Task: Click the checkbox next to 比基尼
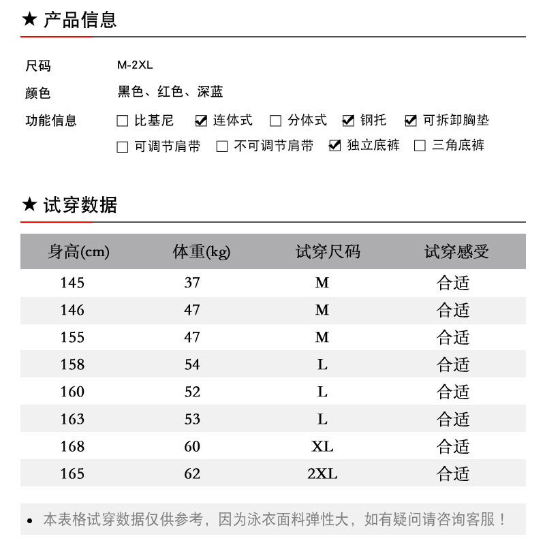(x=123, y=121)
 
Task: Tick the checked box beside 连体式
(x=201, y=121)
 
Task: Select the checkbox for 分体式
(x=276, y=121)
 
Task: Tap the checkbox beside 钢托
(x=348, y=121)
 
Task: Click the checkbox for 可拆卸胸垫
(x=411, y=121)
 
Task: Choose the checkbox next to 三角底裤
(x=420, y=146)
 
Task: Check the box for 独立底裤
(x=334, y=146)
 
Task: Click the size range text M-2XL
(x=135, y=65)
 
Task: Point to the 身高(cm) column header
(x=78, y=252)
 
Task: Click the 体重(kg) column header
(x=202, y=252)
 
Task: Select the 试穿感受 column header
(x=456, y=252)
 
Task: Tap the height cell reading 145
(x=72, y=283)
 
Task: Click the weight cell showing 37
(x=192, y=283)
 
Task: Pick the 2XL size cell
(x=322, y=473)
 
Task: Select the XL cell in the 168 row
(x=322, y=446)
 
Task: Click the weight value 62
(x=192, y=473)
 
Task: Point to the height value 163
(x=72, y=419)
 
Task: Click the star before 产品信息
(x=29, y=19)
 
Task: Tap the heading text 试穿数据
(x=80, y=204)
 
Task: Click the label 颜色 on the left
(x=38, y=93)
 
